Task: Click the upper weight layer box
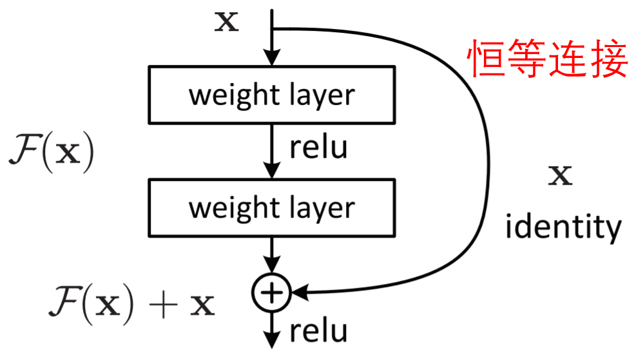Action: [271, 95]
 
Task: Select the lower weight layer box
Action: [271, 207]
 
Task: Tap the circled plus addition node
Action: [271, 293]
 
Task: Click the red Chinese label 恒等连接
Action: [546, 59]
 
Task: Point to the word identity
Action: [563, 227]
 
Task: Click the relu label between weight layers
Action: [318, 147]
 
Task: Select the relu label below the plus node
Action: [318, 331]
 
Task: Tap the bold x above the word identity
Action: [559, 175]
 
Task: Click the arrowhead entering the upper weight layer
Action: [271, 58]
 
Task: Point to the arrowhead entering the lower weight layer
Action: [271, 171]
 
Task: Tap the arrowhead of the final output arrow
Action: [271, 342]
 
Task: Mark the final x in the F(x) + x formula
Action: [204, 305]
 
